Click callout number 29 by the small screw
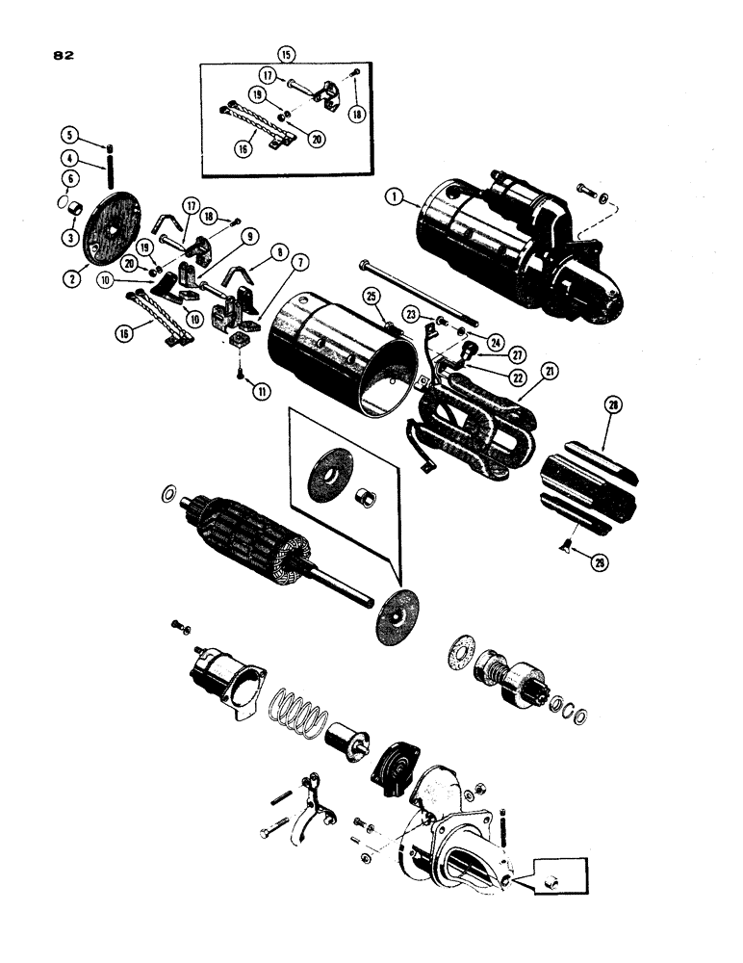pyautogui.click(x=600, y=563)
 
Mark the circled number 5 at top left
pyautogui.click(x=110, y=134)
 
